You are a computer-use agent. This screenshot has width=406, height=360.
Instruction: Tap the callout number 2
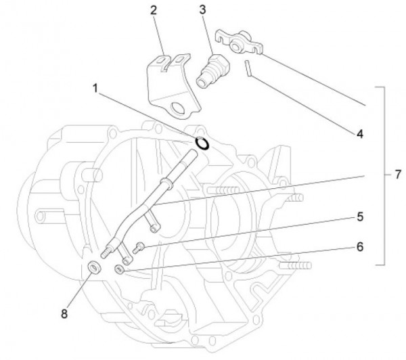point(154,10)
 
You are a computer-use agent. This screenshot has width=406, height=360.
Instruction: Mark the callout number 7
point(398,174)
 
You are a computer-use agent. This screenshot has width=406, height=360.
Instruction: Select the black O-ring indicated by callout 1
point(202,143)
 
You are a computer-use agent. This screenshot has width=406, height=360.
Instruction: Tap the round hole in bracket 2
point(180,108)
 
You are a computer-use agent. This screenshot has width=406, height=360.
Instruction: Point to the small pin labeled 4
point(250,68)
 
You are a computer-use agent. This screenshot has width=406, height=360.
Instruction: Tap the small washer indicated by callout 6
point(119,270)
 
